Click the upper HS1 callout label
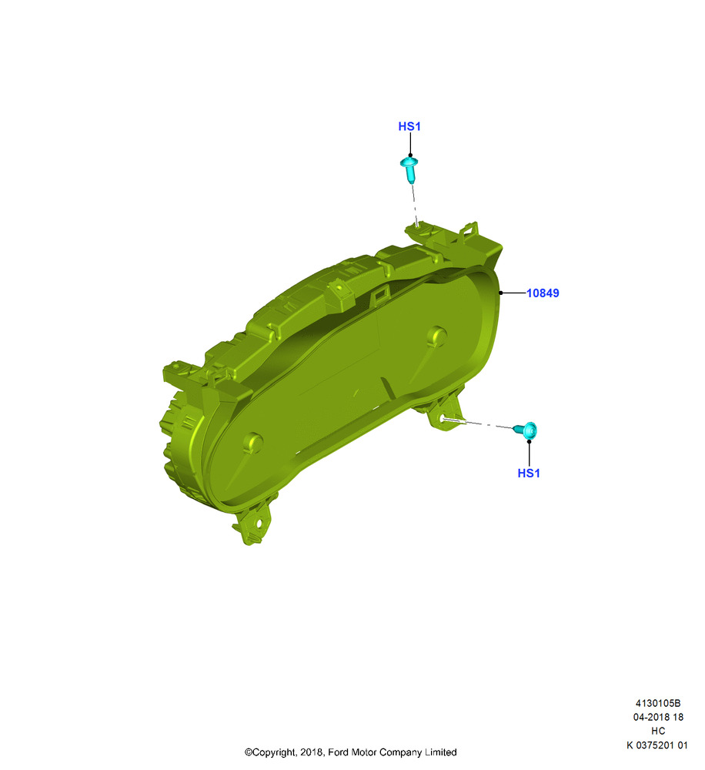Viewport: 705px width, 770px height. (409, 127)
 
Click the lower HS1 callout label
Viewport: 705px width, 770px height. (528, 473)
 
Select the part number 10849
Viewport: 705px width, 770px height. (543, 293)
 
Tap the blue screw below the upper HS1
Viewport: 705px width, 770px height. (409, 169)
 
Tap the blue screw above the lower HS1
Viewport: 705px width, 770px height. (526, 430)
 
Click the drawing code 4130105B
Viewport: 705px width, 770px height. (658, 703)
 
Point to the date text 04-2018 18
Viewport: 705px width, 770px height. (658, 717)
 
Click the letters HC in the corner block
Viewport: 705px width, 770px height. (658, 731)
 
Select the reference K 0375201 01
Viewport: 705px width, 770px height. (657, 745)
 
